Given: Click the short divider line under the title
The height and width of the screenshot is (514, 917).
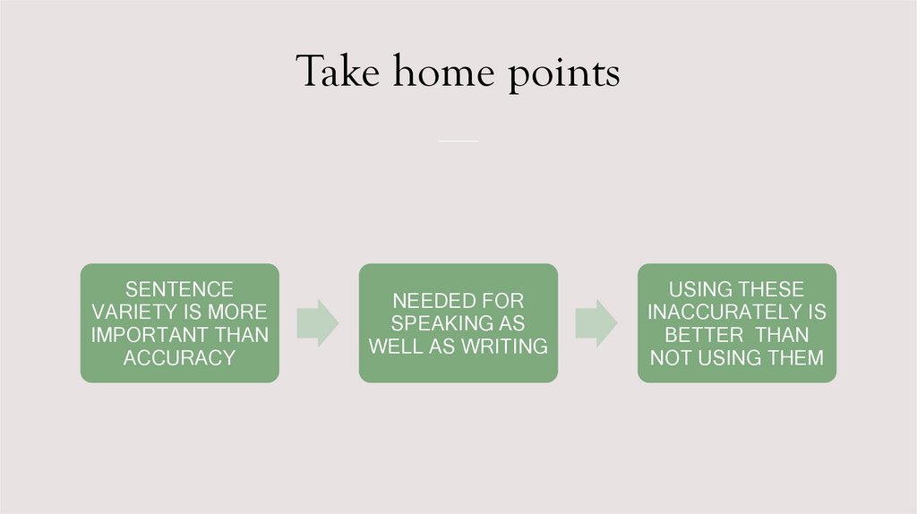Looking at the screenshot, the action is [x=458, y=141].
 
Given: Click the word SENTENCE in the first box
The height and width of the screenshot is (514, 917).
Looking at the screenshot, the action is [x=179, y=289].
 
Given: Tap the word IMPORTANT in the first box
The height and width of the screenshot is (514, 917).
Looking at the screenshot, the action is [x=148, y=335].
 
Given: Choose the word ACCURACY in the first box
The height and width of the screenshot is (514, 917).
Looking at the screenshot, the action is [x=179, y=357].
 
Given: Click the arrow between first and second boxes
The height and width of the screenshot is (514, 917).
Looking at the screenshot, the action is [x=317, y=322].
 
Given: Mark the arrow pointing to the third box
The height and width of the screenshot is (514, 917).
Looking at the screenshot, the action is [x=596, y=322].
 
